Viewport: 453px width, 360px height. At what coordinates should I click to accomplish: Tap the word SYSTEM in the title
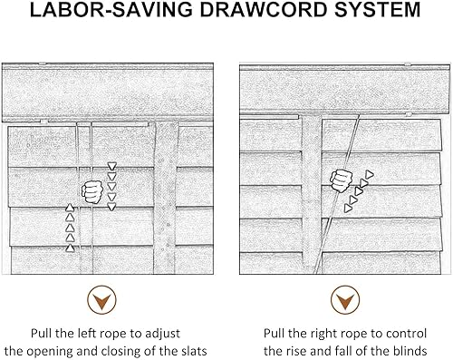point(378,10)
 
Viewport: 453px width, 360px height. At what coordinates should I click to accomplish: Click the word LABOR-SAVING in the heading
point(111,10)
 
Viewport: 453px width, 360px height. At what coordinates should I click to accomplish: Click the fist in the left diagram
point(92,191)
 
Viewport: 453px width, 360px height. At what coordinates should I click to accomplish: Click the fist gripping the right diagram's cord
point(342,180)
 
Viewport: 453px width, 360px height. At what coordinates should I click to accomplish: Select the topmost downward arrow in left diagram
point(112,166)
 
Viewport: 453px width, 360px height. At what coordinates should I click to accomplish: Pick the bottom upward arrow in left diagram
point(70,248)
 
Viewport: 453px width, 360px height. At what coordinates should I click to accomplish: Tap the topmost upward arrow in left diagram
point(70,208)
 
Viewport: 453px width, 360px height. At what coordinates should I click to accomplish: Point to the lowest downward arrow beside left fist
point(112,207)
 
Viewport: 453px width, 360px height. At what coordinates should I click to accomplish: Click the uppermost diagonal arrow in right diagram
point(370,174)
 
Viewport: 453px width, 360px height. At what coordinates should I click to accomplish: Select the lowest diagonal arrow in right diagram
point(348,208)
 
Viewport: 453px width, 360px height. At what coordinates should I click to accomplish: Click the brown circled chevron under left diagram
point(101,300)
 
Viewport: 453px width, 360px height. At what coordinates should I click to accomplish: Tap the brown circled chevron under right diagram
point(345,300)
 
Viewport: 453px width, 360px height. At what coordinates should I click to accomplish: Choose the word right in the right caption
point(322,334)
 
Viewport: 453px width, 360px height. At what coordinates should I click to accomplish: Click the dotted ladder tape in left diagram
point(166,198)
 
